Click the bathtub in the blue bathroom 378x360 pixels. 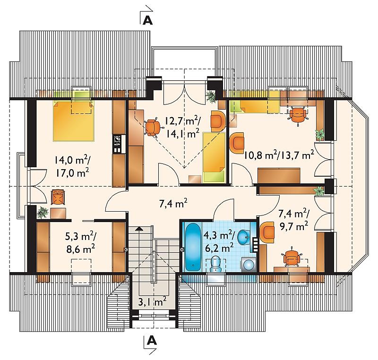pyautogui.click(x=193, y=247)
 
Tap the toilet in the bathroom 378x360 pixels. pyautogui.click(x=216, y=264)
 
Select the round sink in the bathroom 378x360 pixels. pyautogui.click(x=244, y=237)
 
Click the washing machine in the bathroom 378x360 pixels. pyautogui.click(x=249, y=265)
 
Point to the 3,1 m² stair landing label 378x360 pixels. pyautogui.click(x=152, y=301)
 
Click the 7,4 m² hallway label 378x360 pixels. pyautogui.click(x=173, y=204)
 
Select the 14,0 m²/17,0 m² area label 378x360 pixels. pyautogui.click(x=72, y=166)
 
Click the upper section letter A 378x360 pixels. pyautogui.click(x=148, y=21)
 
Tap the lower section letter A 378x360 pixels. pyautogui.click(x=152, y=341)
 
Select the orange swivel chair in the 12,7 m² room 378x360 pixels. pyautogui.click(x=152, y=127)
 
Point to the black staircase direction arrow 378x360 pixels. pyautogui.click(x=138, y=229)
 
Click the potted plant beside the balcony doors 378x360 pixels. pyautogui.click(x=211, y=97)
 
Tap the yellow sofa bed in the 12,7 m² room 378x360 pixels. pyautogui.click(x=214, y=157)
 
